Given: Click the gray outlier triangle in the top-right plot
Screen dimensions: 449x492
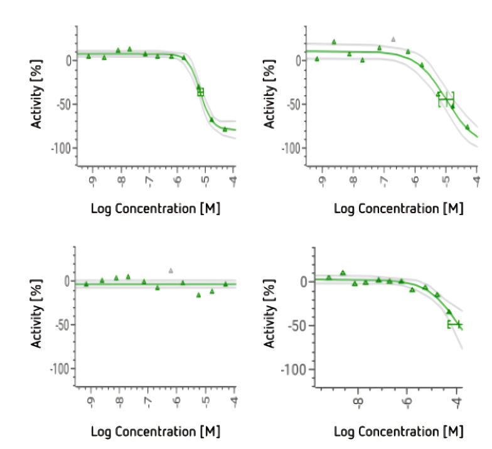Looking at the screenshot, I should [x=393, y=39].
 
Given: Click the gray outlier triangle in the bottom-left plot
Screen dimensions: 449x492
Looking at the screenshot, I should [x=171, y=270].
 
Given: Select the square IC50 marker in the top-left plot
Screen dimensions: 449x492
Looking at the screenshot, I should [x=201, y=92].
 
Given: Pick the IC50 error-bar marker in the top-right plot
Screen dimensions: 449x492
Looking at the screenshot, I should [x=446, y=100].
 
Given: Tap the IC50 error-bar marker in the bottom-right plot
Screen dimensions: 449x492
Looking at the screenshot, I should [x=455, y=324].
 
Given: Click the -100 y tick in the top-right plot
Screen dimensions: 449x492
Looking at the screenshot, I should [x=292, y=148].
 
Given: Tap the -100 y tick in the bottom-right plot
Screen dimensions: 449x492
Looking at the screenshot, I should [x=292, y=369].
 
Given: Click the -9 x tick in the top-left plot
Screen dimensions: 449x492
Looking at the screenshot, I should [x=92, y=181].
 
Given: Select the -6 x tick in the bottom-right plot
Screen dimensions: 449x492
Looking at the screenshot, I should [x=407, y=402].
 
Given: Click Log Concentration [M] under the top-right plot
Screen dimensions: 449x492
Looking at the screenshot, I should [x=398, y=209].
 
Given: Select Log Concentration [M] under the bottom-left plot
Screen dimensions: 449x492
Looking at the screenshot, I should [x=156, y=431].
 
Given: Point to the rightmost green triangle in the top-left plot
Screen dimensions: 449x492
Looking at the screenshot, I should [x=225, y=129].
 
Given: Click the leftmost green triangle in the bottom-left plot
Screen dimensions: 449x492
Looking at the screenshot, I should [x=87, y=284].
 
